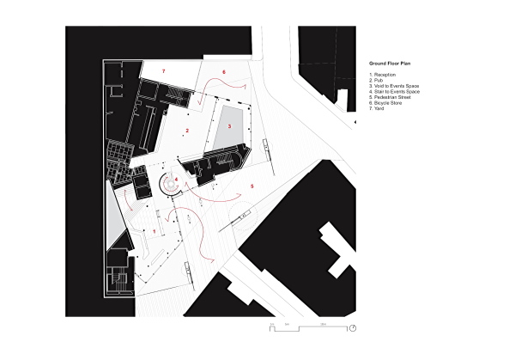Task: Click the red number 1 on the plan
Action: tap(154, 231)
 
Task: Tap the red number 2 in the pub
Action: tap(186, 131)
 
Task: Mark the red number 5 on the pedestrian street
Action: tap(252, 186)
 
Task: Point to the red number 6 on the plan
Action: tap(224, 72)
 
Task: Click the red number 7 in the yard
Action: tap(163, 68)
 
